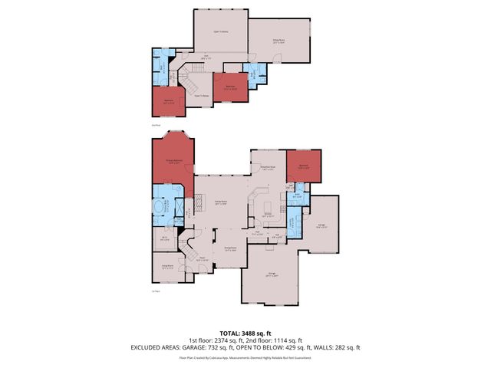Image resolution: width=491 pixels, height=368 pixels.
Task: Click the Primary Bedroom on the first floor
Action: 172,161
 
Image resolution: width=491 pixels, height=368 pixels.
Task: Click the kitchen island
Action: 268,208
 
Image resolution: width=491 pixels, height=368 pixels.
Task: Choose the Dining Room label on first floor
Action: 229,248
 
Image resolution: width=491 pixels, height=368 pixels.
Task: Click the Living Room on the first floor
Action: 167,268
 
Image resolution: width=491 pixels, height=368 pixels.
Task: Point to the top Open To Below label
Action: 220,32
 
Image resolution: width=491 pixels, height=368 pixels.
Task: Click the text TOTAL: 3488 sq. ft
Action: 245,333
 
